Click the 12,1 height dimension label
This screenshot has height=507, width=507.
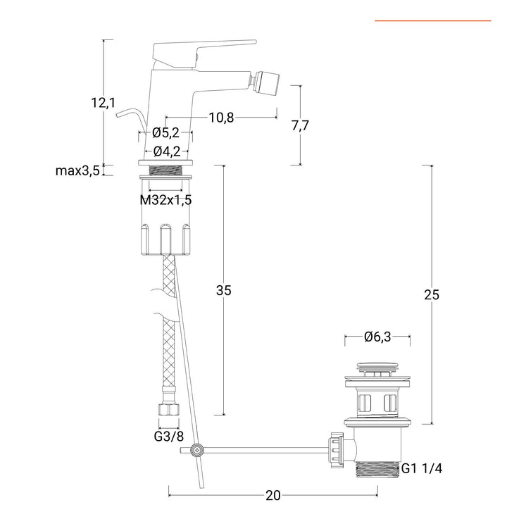click(x=103, y=103)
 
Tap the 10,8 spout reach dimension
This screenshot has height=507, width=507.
click(x=221, y=118)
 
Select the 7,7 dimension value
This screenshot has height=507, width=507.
click(x=301, y=125)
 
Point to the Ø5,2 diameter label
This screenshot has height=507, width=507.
click(x=165, y=132)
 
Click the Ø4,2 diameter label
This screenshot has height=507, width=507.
click(x=167, y=151)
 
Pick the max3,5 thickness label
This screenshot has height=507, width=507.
click(x=77, y=170)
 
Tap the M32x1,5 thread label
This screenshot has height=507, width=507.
click(x=165, y=200)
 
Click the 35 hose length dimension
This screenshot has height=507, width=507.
click(x=224, y=290)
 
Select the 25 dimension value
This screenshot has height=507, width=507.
click(x=432, y=295)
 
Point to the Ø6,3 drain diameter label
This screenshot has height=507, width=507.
click(x=377, y=337)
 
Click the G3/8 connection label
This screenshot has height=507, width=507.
click(x=169, y=437)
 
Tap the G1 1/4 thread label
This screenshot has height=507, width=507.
click(x=422, y=468)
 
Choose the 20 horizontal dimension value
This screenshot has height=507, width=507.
click(x=273, y=495)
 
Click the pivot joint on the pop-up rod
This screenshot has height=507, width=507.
click(x=196, y=450)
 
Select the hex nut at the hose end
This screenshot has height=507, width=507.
click(x=169, y=410)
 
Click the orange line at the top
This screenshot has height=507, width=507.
click(x=433, y=20)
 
